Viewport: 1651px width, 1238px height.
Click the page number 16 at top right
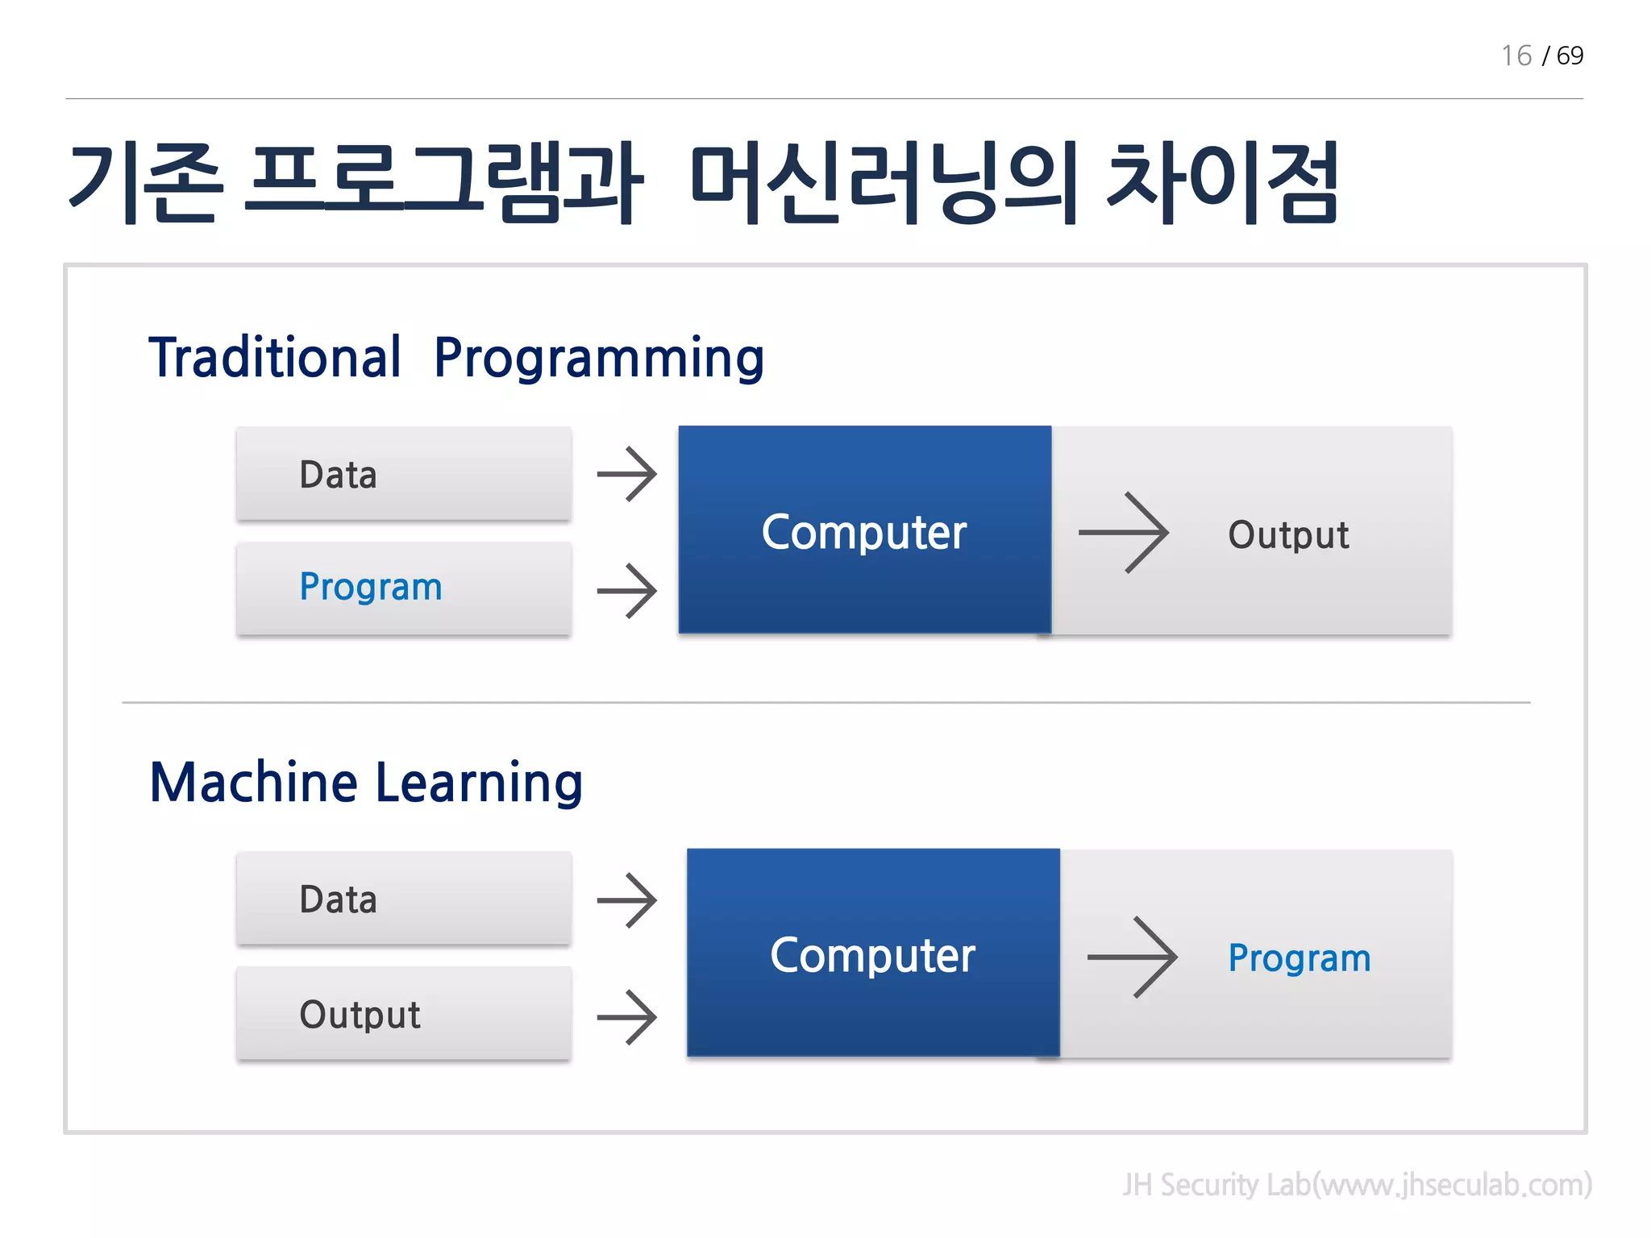click(x=1516, y=56)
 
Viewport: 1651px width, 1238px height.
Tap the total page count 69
click(x=1569, y=56)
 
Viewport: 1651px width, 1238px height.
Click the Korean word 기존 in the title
click(x=145, y=183)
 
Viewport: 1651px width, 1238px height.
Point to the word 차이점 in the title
click(x=1222, y=183)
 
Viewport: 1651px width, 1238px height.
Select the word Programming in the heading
click(x=598, y=359)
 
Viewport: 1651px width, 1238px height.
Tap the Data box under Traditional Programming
click(x=404, y=474)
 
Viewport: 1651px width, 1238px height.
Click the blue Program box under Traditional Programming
click(x=404, y=588)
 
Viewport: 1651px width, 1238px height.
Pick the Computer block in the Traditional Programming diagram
click(x=864, y=530)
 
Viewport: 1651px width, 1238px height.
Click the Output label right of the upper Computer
click(x=1287, y=534)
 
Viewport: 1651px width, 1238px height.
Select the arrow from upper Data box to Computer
click(x=627, y=474)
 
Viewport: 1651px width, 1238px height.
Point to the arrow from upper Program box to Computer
click(x=627, y=591)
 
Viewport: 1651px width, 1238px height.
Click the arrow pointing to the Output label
click(x=1124, y=532)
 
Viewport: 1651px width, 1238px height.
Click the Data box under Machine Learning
click(x=404, y=899)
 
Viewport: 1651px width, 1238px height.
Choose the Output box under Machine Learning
click(x=404, y=1014)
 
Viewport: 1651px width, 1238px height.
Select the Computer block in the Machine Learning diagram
click(x=873, y=953)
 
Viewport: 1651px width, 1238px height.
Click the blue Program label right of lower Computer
click(x=1299, y=958)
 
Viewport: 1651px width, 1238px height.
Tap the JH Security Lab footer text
click(x=1357, y=1184)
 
